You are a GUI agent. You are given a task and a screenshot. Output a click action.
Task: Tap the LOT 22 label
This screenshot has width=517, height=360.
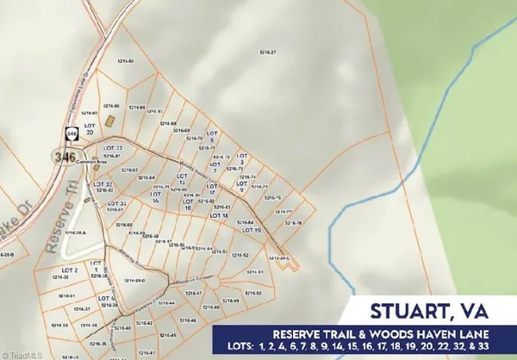pos(125,148)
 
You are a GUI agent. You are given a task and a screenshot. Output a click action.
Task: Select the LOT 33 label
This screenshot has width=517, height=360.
pos(103,184)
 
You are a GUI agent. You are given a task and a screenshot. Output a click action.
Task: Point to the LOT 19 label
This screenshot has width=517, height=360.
pos(251,230)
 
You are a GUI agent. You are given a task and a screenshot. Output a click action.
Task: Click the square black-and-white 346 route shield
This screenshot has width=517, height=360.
pos(70,134)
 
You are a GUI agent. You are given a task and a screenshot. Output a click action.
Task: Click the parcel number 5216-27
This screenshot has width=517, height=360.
pos(268,53)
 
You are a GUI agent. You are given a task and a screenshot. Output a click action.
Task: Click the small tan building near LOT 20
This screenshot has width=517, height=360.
pos(109,121)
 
